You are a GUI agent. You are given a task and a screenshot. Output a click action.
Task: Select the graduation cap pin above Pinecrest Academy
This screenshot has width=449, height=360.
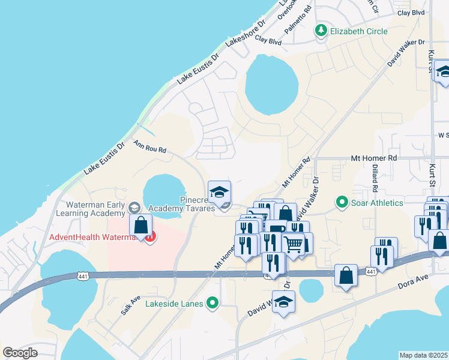[220, 191]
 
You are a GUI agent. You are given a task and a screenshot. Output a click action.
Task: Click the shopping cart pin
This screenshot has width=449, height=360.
[294, 244]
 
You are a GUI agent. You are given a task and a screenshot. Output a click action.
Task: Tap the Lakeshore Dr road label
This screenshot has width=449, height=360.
[245, 35]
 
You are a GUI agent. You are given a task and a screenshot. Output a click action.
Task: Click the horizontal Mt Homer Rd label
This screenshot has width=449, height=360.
[375, 158]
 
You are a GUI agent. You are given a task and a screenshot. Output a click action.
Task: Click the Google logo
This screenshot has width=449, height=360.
[20, 353]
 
